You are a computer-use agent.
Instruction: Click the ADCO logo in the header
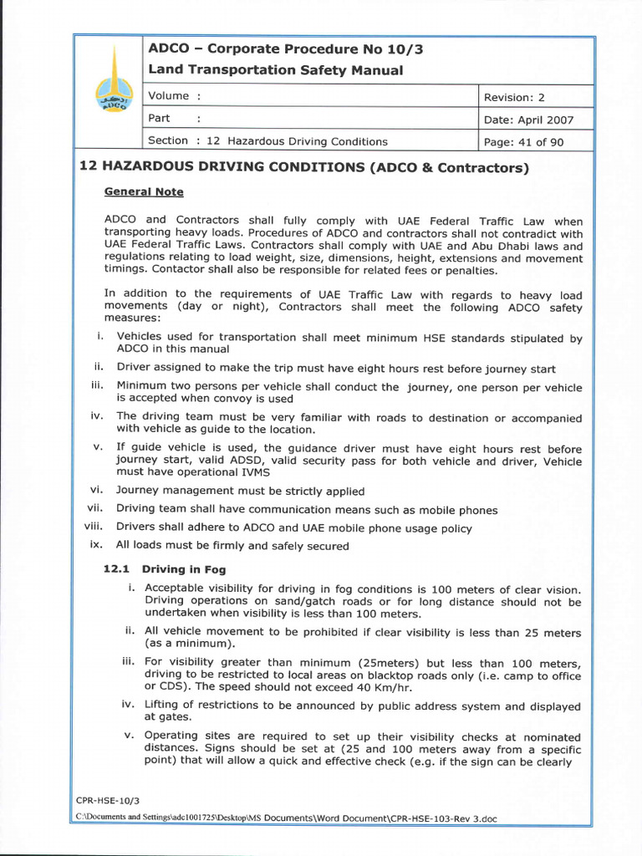pyautogui.click(x=111, y=93)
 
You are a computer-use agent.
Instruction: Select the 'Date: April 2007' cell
pyautogui.click(x=528, y=120)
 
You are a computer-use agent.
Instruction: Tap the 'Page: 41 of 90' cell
pyautogui.click(x=524, y=142)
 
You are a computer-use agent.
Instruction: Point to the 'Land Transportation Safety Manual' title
pyautogui.click(x=275, y=70)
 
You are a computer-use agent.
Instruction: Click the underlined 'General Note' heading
pyautogui.click(x=143, y=191)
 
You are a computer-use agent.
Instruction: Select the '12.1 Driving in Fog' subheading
pyautogui.click(x=165, y=569)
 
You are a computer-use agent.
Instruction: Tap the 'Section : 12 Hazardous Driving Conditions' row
pyautogui.click(x=267, y=141)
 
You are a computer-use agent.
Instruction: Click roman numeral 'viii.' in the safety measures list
pyautogui.click(x=92, y=527)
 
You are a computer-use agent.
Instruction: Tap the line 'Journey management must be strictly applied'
pyautogui.click(x=240, y=491)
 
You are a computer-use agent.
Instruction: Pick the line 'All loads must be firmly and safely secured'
pyautogui.click(x=232, y=545)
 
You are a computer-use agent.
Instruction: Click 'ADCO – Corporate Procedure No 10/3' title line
pyautogui.click(x=286, y=48)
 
